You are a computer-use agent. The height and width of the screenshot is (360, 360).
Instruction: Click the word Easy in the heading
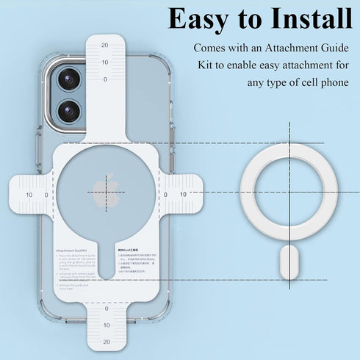pyautogui.click(x=201, y=19)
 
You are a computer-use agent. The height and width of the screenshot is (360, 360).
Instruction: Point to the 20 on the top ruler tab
pyautogui.click(x=105, y=45)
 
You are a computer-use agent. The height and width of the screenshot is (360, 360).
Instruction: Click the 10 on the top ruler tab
pyautogui.click(x=105, y=62)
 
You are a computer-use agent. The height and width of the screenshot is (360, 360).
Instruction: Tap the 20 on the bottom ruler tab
pyautogui.click(x=107, y=341)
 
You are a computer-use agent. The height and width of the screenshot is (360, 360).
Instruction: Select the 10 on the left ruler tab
pyautogui.click(x=29, y=195)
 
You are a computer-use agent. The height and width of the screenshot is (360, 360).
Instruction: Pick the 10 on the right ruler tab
pyautogui.click(x=183, y=195)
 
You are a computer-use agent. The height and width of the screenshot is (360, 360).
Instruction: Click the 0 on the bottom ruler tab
pyautogui.click(x=107, y=308)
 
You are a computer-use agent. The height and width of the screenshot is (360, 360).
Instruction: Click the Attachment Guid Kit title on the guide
pyautogui.click(x=72, y=250)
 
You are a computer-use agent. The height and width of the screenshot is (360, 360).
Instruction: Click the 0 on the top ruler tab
pyautogui.click(x=105, y=79)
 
